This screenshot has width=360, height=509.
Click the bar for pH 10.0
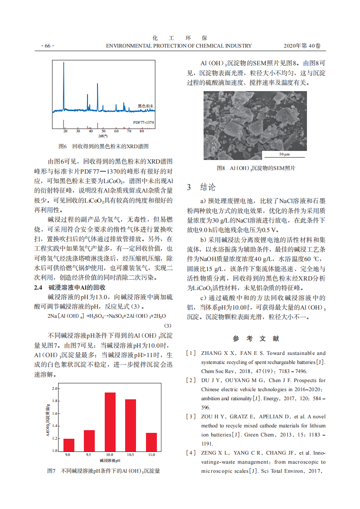pos(110,422)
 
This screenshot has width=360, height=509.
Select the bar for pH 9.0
pos(69,445)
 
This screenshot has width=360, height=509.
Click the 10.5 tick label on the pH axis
pos(131,454)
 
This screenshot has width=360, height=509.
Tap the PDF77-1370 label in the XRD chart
pos(144,122)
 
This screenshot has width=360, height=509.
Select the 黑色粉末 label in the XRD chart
pos(146,106)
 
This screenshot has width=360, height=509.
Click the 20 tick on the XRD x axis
pos(65,131)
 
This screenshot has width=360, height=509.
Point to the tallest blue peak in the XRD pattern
pos(63,63)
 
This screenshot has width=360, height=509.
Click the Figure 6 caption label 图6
pos(63,146)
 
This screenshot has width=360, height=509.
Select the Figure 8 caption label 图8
pos(221,168)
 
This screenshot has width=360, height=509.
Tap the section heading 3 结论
pos(202,187)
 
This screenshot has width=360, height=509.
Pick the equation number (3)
pos(168,325)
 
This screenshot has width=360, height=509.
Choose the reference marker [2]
pos(191,380)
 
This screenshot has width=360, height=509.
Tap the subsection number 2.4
pos(38,287)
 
